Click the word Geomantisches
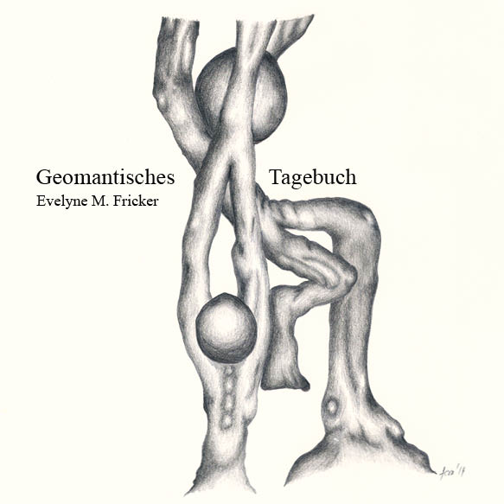105,178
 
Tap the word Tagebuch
313,178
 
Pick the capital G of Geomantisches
43,177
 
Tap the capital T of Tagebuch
277,176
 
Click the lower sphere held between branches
226,328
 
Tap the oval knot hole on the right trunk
331,407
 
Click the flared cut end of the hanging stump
284,381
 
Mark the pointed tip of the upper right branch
312,16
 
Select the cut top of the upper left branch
180,22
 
